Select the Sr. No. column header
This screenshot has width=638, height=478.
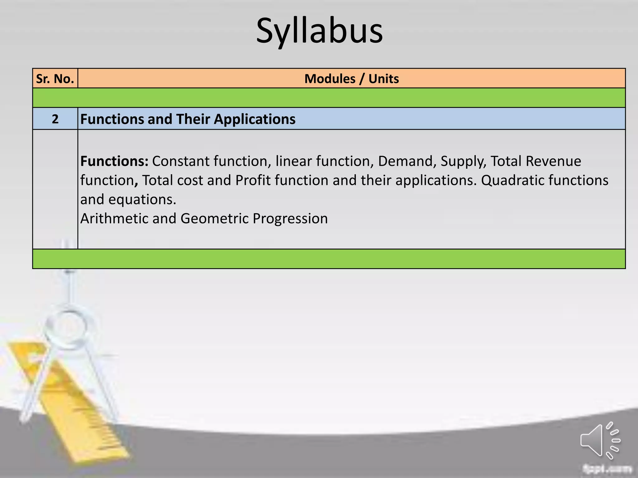55,79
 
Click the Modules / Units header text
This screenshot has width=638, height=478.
351,79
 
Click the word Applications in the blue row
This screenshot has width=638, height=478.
255,119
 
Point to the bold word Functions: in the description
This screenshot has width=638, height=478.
114,161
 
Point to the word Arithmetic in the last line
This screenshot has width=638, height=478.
114,218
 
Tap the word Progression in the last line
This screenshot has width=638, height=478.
290,219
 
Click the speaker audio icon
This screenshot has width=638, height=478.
600,440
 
